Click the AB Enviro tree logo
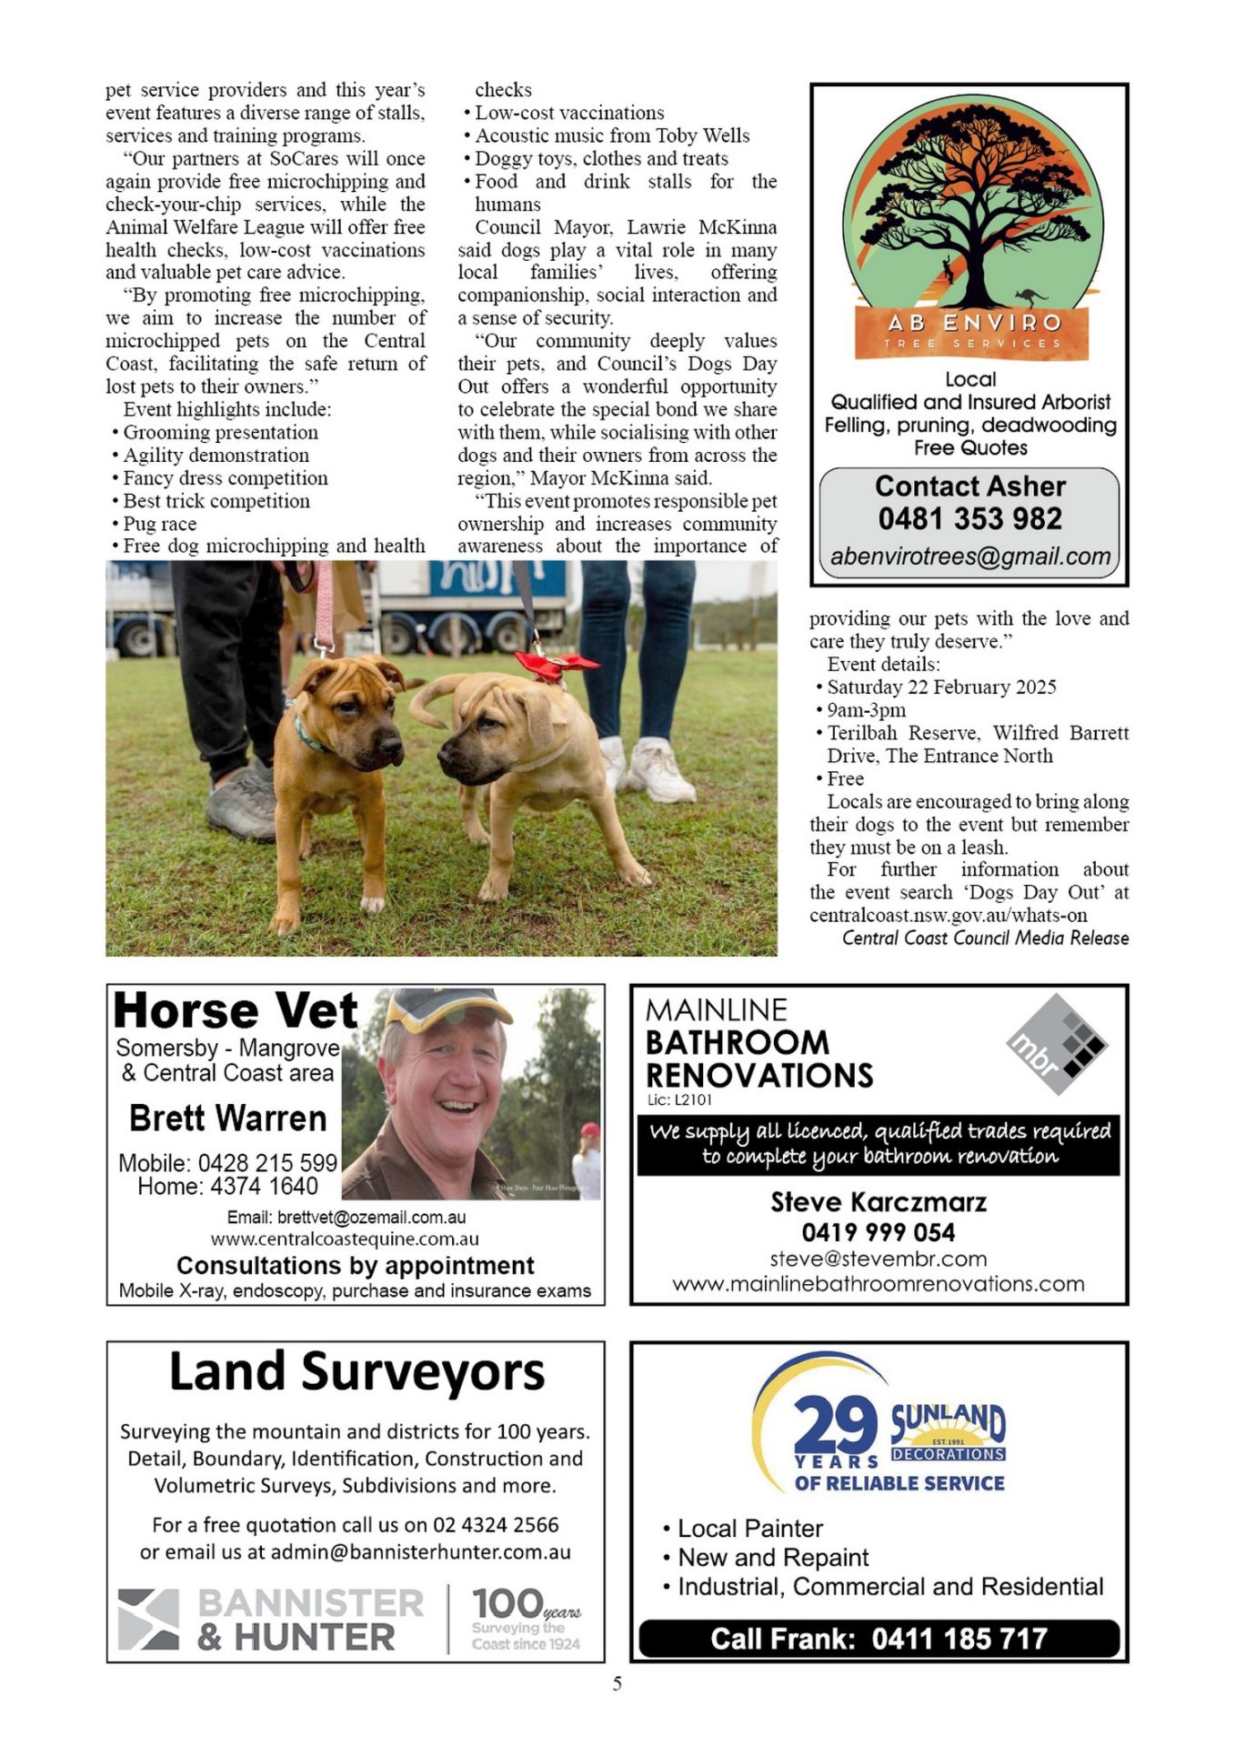coord(969,227)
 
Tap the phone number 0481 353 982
coord(969,518)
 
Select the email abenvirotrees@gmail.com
coord(969,557)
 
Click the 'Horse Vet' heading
coord(236,1011)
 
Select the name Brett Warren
coord(227,1118)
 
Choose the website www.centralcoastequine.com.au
coord(345,1239)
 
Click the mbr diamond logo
coord(1057,1044)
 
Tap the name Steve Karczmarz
coord(879,1202)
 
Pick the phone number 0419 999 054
coord(879,1232)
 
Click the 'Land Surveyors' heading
coord(356,1372)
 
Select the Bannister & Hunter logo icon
coord(148,1620)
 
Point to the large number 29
coord(835,1425)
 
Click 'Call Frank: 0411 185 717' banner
coord(879,1639)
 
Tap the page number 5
coord(617,1684)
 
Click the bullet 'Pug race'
coord(160,524)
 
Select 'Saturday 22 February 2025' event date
coord(941,687)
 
